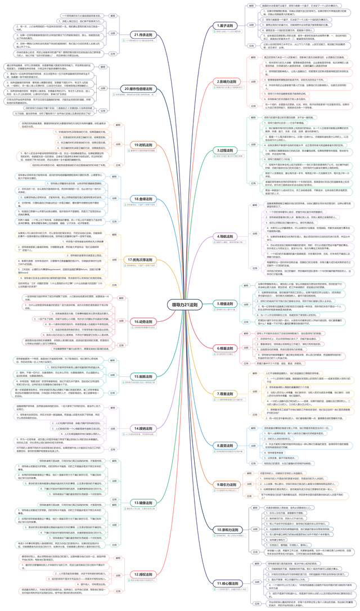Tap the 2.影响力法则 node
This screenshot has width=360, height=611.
point(229,82)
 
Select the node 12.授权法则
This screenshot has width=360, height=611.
point(143,574)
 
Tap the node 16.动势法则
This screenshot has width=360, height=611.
point(143,322)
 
